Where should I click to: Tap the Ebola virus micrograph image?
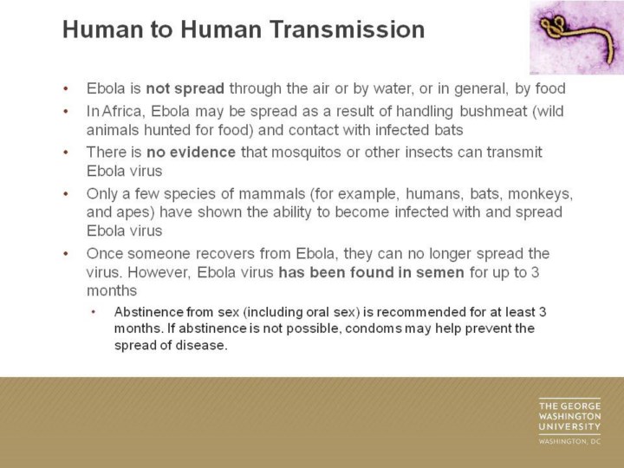click(x=576, y=37)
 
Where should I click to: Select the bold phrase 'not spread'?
click(x=185, y=88)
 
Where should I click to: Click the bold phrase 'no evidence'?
click(x=191, y=152)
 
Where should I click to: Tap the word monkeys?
click(x=541, y=194)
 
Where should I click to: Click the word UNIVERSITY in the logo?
click(x=570, y=427)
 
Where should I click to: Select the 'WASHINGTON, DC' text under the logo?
click(x=570, y=441)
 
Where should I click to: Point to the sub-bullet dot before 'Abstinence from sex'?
click(x=94, y=312)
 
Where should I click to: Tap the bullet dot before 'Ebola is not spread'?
click(x=66, y=88)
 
